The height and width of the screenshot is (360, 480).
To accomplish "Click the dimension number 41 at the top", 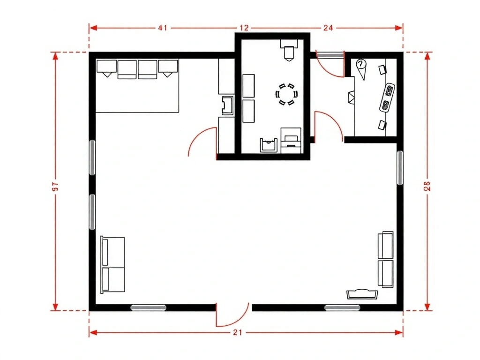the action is coord(163,28).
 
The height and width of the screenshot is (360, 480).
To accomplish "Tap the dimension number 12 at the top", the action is coord(244,28).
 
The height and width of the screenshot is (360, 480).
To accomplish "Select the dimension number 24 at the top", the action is coord(328,28).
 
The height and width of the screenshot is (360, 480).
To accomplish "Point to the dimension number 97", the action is coord(55,186).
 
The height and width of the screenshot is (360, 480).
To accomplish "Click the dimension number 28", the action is coord(427,186).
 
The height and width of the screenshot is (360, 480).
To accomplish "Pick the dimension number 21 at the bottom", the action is coord(238,332).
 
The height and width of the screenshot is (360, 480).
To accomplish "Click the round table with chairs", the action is coord(286,94).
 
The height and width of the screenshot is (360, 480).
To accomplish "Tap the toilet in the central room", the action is coord(289,50).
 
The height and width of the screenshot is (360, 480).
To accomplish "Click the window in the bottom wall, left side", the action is coord(149,307).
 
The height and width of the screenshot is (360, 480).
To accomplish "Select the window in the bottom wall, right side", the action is coord(342,307).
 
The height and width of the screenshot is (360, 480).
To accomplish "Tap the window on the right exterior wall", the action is coord(400,168).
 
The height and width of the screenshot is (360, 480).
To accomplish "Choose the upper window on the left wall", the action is coord(92,157).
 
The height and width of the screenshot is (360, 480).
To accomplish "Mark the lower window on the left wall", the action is coord(92,211).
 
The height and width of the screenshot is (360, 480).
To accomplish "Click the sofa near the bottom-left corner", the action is coord(112,264).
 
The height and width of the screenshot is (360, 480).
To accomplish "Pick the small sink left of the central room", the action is coord(227,105).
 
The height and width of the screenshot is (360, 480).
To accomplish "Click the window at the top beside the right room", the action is coord(329,55).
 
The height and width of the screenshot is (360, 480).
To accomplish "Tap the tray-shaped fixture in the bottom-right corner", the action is coord(362,294).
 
